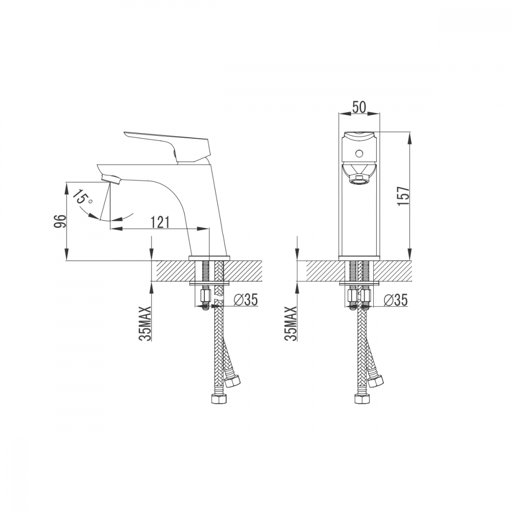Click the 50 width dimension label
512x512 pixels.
coord(359,107)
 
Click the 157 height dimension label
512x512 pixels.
coord(403,196)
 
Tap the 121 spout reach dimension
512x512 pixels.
coord(160,222)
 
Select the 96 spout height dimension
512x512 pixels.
coord(60,221)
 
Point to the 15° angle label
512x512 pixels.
coord(83,197)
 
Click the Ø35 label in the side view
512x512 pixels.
coord(246,300)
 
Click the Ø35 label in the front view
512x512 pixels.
coord(396,300)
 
